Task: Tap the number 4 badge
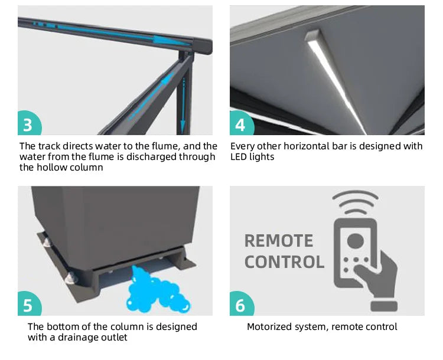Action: [242, 123]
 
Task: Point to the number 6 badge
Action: [242, 304]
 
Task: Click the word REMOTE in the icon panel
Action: [279, 241]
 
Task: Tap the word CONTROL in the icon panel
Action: [284, 262]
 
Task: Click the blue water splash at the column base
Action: [157, 291]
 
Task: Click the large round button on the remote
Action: [355, 241]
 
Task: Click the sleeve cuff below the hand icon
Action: [384, 306]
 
